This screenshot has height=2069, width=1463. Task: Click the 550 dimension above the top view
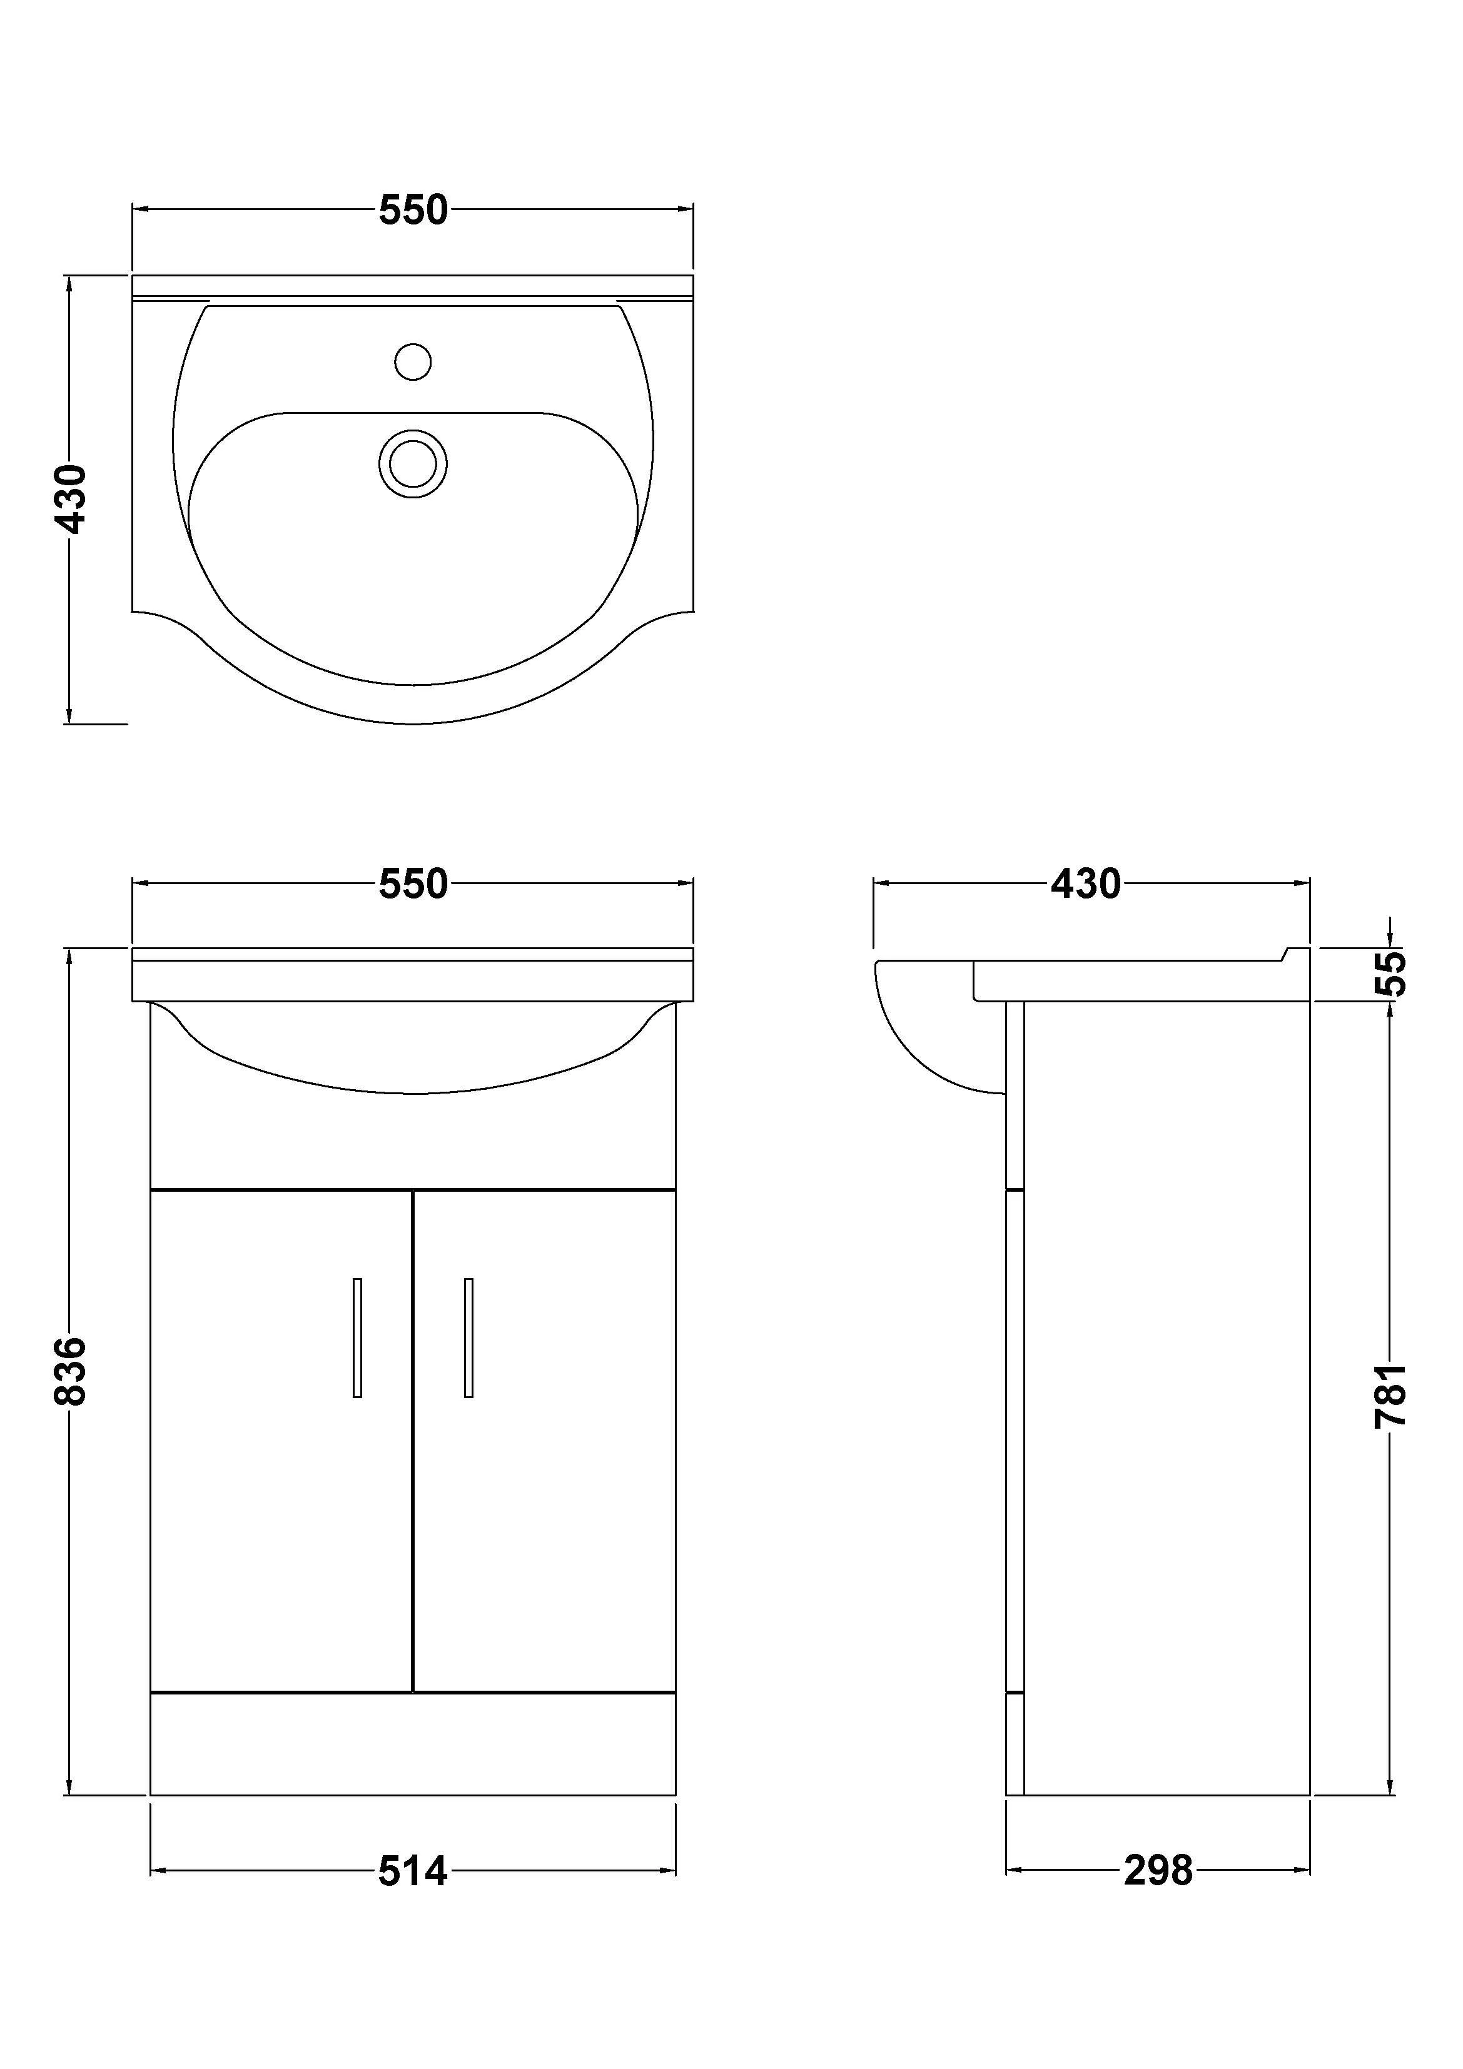(413, 210)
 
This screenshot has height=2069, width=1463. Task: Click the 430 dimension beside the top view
(70, 498)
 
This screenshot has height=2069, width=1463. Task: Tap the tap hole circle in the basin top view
(413, 361)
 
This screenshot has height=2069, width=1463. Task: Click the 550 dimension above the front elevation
(413, 884)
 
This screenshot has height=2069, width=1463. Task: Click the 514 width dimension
(413, 1871)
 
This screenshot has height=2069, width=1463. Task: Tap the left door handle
(358, 1338)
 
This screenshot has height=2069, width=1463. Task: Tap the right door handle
(468, 1338)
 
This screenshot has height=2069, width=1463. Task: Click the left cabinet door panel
(270, 1487)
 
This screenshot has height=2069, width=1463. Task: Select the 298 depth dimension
(1157, 1871)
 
